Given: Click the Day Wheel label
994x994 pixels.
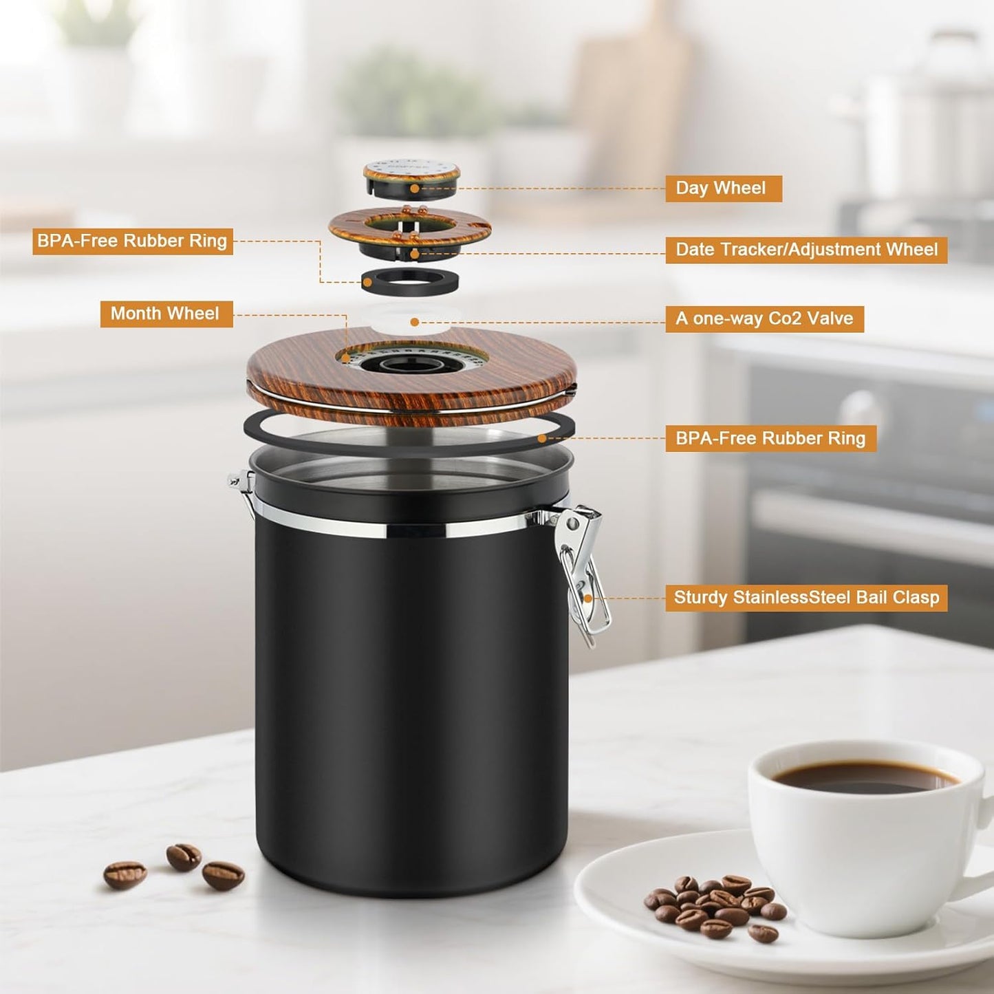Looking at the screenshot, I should point(723,188).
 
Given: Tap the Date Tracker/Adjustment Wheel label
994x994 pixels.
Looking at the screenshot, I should point(806,250).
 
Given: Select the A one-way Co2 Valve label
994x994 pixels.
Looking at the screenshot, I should point(764,318).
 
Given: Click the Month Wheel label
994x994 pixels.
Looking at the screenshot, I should point(166,314).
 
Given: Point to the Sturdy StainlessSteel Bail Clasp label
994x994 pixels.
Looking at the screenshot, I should point(806,597).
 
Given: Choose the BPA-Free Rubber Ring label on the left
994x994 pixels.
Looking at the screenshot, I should point(132,241).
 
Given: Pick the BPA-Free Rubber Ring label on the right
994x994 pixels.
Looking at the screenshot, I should point(770,438).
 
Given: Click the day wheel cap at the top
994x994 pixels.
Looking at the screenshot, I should point(411,175).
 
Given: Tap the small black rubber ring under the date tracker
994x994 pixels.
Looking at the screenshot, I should point(410,282).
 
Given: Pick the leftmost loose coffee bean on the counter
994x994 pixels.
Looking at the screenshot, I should point(125,874).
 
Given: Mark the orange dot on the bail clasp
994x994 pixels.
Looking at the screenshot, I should point(588,598).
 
